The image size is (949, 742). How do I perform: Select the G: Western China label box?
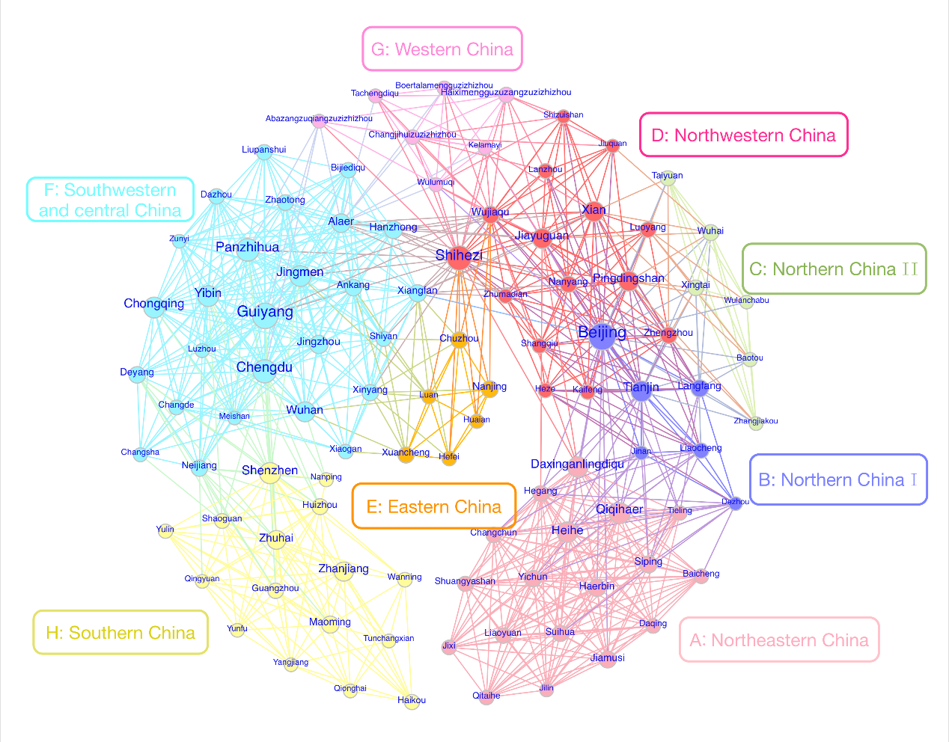pos(442,49)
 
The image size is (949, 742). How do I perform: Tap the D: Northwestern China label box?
pos(743,135)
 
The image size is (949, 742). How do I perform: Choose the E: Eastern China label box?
pos(434,506)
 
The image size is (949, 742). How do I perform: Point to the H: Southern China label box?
pos(120,633)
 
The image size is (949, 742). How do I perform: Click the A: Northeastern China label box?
pos(779,640)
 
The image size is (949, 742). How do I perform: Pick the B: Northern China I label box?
pos(838,479)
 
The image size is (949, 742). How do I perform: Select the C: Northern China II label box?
pos(834,269)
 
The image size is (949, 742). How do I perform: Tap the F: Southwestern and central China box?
pos(110,200)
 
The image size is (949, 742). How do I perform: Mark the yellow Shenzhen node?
pos(271,473)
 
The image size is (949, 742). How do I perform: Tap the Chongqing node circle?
pos(153,307)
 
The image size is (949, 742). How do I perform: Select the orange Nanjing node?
pos(490,390)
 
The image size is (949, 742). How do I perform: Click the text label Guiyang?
pos(265,311)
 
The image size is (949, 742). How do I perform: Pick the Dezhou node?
pos(736,503)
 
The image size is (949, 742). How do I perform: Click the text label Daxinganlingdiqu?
pos(577,464)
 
